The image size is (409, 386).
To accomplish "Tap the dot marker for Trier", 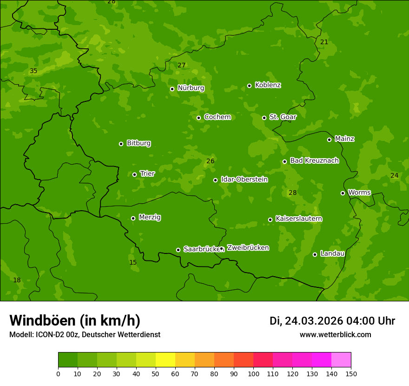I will coord(135,174).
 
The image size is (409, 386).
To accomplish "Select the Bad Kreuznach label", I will coord(314,160).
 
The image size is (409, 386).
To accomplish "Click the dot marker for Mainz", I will coord(329,140).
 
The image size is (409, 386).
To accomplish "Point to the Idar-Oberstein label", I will coord(244,179).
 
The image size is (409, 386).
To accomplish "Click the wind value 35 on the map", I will coord(33,71).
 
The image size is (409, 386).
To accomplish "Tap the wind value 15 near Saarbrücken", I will coord(133,262).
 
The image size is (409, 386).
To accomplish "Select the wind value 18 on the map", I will coord(17,280).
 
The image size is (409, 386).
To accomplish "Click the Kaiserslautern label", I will coord(299,219).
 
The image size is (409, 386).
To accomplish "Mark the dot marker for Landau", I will coord(315,254).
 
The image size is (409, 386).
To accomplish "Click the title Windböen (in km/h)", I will coord(75,320).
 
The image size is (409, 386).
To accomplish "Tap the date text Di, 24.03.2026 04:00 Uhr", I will coord(332,321).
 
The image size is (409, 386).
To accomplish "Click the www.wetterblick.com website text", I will coord(335,334).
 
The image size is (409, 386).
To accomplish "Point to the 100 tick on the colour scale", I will coord(253,373).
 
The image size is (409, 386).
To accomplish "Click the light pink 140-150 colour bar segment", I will coord(341,360).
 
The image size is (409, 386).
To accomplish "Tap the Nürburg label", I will coord(191,88).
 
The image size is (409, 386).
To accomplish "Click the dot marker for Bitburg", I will coord(121,144).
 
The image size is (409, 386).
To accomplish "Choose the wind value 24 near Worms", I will coord(394,175).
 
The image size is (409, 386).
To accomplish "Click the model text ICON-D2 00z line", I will coord(85,334).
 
